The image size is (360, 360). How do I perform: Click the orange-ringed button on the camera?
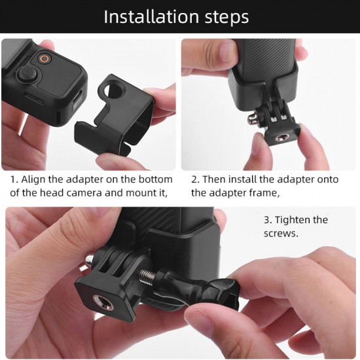[45, 58]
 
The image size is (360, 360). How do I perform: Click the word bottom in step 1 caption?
[157, 179]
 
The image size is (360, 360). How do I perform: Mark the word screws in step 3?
[279, 234]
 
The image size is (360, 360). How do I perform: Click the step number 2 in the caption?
[194, 179]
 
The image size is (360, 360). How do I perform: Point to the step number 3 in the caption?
[266, 220]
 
